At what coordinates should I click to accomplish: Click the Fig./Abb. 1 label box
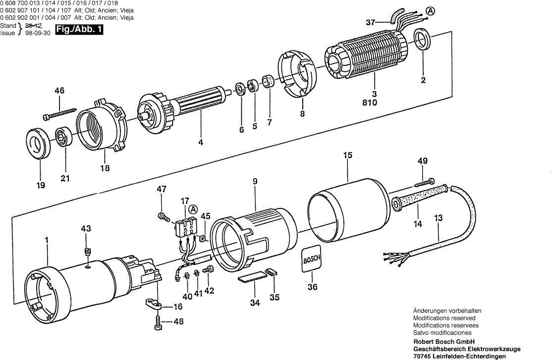coord(79,29)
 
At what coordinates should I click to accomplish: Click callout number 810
coord(370,103)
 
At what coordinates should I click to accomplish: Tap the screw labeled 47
coord(162,215)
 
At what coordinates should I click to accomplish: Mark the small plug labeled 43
coord(87,251)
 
